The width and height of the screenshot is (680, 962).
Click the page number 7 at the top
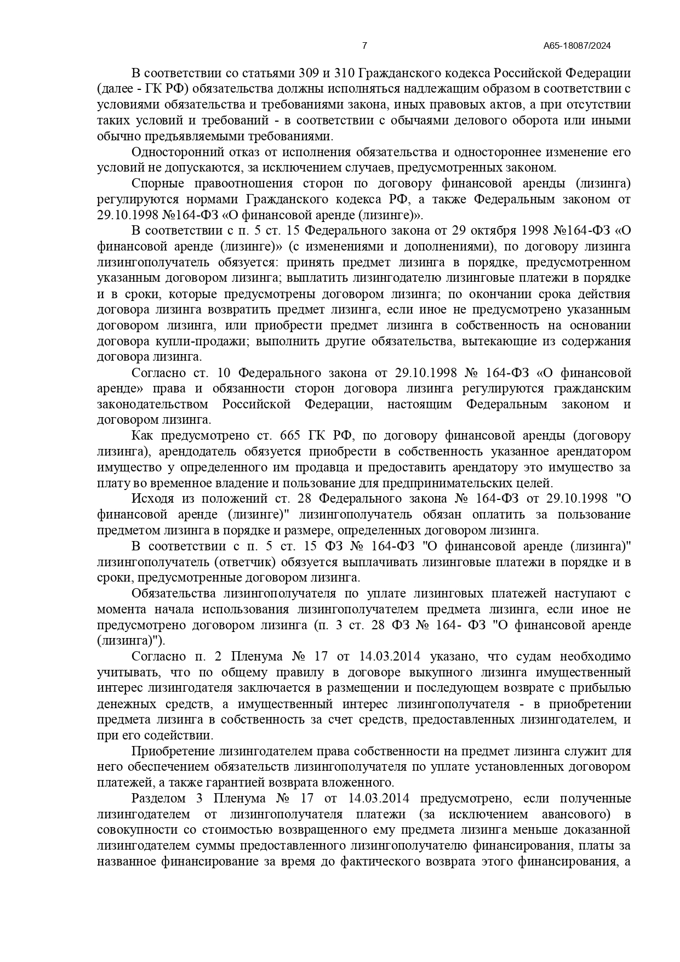(x=364, y=46)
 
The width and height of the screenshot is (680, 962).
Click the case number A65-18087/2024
(x=577, y=46)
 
